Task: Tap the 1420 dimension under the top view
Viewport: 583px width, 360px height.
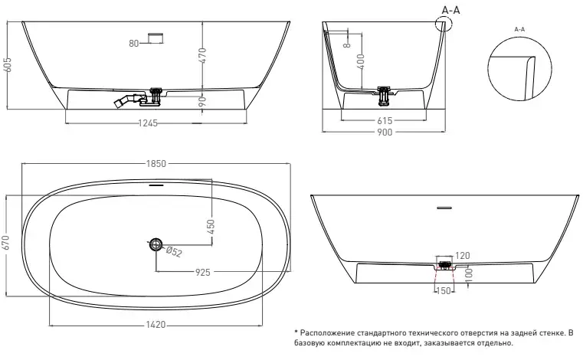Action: tap(156, 325)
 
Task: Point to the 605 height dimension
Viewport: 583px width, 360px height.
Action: tap(8, 65)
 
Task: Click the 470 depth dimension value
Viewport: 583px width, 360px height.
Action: tap(204, 54)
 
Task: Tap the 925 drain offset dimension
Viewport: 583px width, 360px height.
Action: tap(203, 271)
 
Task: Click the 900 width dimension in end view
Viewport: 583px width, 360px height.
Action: tap(384, 133)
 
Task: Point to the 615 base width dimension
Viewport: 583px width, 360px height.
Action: tap(385, 120)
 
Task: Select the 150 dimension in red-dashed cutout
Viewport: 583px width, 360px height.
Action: tap(442, 291)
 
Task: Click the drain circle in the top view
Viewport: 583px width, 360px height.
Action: tap(156, 244)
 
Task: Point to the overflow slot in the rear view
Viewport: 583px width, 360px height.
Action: tap(444, 207)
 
